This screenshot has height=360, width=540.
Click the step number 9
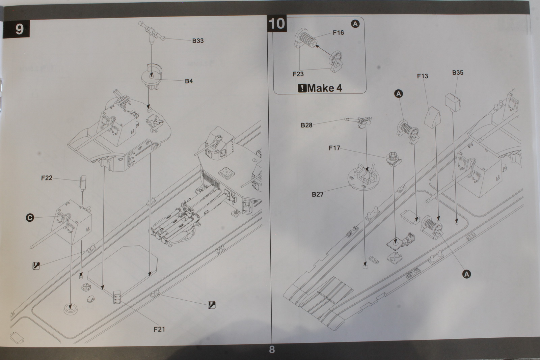coord(19,29)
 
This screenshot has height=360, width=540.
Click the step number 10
coord(277,24)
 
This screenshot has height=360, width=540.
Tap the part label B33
coord(198,41)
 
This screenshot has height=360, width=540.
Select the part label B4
coord(189,81)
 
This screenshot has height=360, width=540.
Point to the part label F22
coord(47,178)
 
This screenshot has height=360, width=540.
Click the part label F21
coord(159,329)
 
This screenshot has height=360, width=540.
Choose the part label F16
coord(338,33)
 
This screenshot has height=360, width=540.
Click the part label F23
coord(298,74)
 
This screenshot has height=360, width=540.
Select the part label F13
coord(422,76)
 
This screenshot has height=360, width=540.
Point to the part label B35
coord(458,73)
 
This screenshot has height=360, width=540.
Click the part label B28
coord(306,125)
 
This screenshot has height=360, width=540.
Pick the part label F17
coord(334,148)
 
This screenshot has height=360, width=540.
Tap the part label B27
coord(318,194)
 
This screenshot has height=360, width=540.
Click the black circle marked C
coord(30,218)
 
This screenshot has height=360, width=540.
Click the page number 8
coord(272,350)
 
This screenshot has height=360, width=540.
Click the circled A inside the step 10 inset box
coord(355,24)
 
